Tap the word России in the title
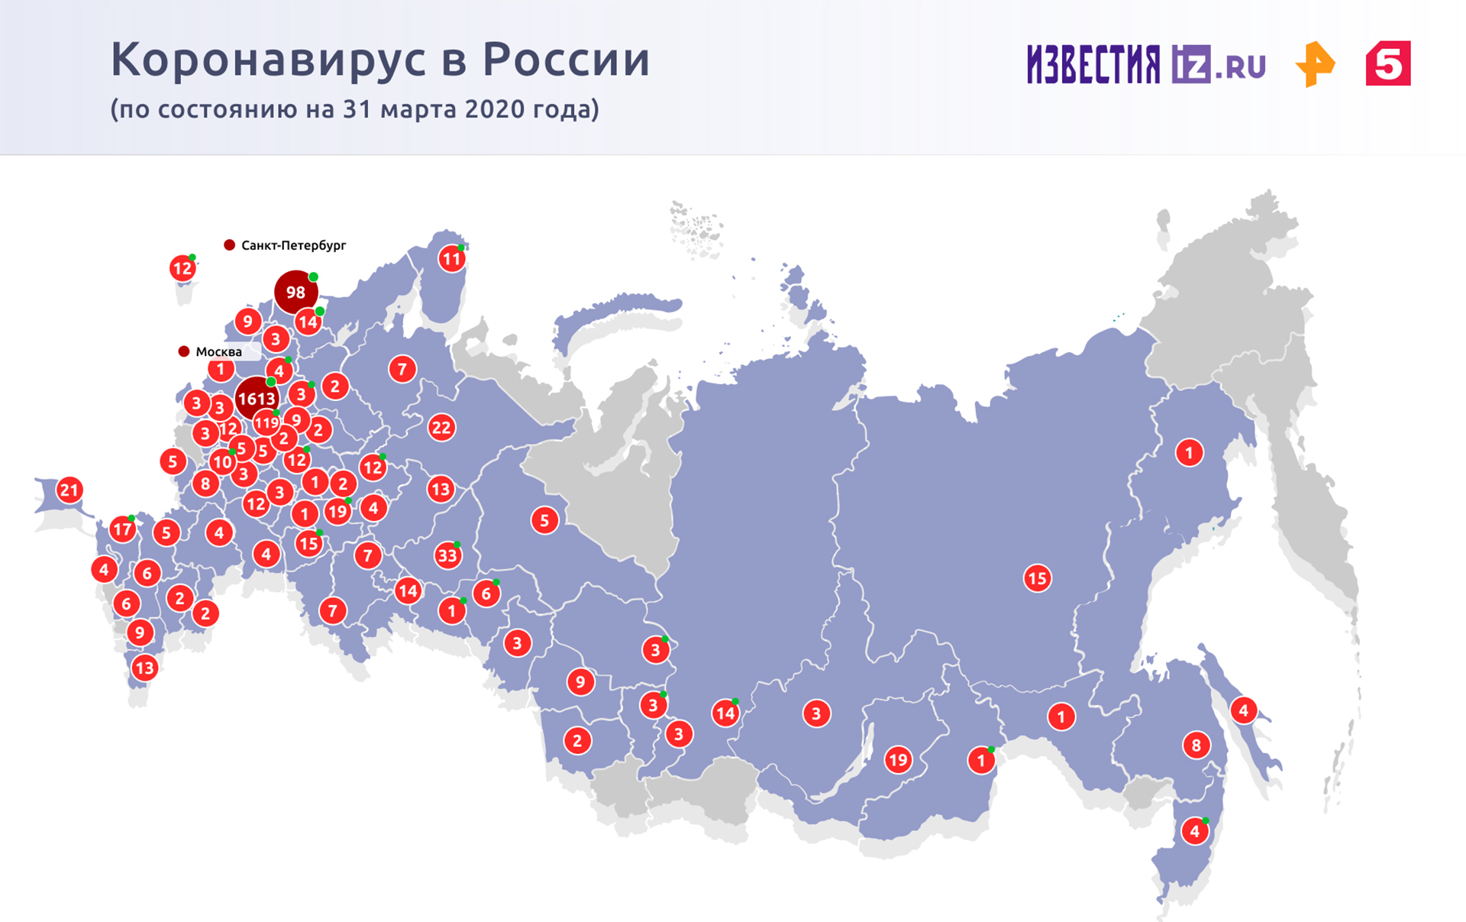[566, 60]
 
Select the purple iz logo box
[1191, 64]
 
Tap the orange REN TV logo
[1315, 64]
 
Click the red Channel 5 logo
[1388, 63]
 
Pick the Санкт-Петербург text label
[293, 245]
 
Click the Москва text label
[218, 352]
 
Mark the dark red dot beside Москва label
[184, 351]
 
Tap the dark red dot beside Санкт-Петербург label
[229, 244]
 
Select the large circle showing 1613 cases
[257, 398]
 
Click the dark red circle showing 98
[295, 292]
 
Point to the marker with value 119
[266, 422]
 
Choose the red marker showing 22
[441, 427]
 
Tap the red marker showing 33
[447, 555]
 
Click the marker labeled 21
[69, 490]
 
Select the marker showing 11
[451, 259]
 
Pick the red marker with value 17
[122, 529]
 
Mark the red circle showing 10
[222, 461]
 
